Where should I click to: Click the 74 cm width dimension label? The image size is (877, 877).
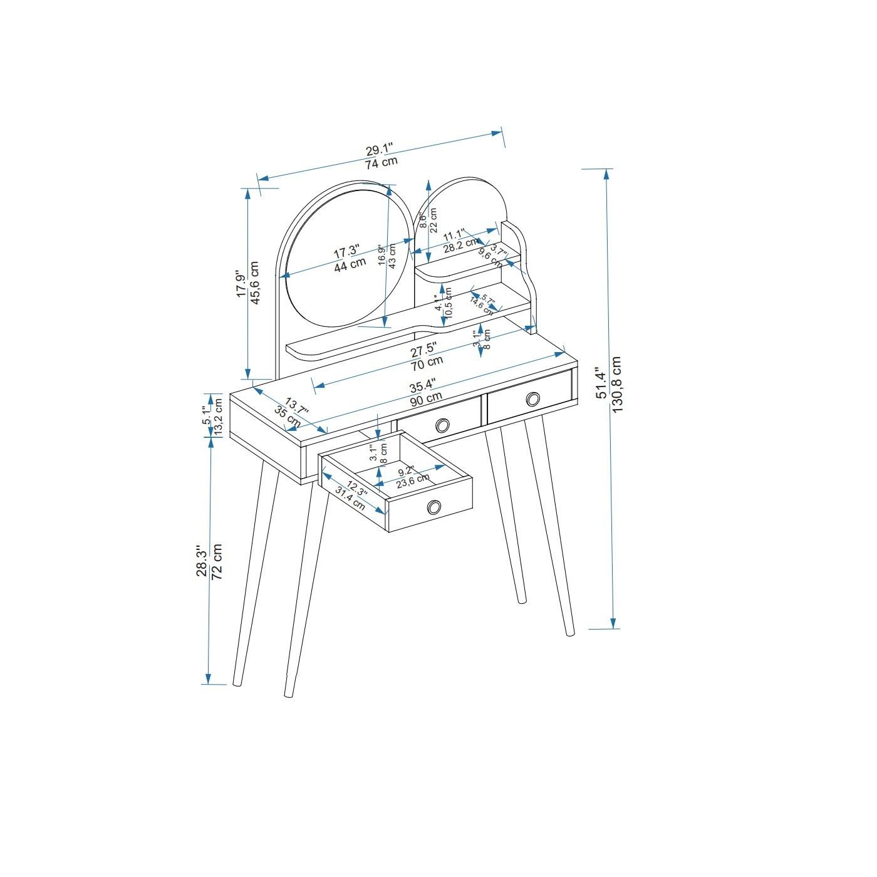point(381,163)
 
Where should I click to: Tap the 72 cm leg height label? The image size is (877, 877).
point(217,561)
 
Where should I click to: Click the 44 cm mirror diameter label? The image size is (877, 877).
point(350,264)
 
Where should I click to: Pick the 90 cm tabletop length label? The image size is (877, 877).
point(427,398)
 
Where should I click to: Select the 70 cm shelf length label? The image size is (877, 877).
point(427,362)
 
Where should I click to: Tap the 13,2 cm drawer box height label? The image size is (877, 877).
point(219,420)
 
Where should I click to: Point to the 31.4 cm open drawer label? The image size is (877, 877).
point(351,497)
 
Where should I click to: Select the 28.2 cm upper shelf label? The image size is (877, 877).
point(461,244)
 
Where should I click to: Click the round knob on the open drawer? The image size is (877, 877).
point(433,507)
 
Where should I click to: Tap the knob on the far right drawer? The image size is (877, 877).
point(533,399)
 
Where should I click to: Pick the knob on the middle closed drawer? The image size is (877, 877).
point(442,425)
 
